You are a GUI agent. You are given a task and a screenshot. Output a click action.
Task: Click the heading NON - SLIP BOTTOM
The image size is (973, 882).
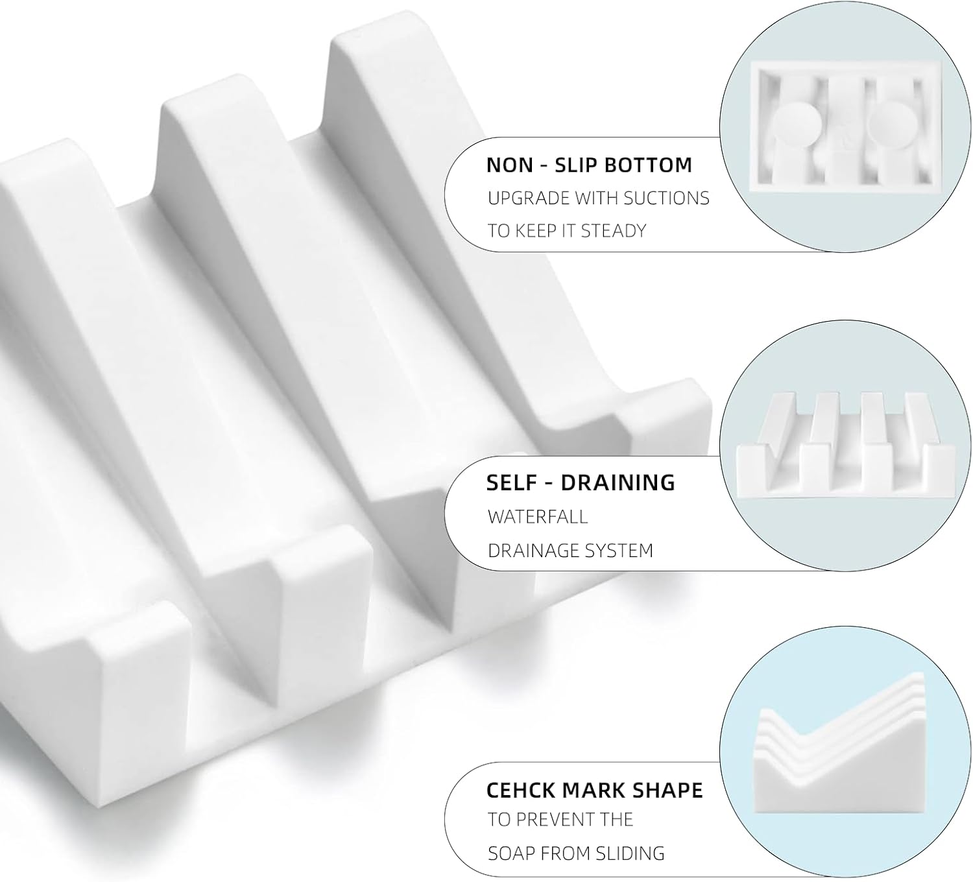pyautogui.click(x=589, y=165)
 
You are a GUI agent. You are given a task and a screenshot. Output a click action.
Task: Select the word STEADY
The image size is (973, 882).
pyautogui.click(x=614, y=231)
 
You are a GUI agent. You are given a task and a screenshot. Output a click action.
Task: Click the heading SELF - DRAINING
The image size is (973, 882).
pyautogui.click(x=581, y=483)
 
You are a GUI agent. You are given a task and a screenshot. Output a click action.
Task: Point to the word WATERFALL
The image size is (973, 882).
pyautogui.click(x=538, y=517)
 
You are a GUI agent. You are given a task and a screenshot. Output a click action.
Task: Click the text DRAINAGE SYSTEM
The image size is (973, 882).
pyautogui.click(x=570, y=551)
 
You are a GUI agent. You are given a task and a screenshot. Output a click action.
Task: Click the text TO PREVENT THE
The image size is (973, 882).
pyautogui.click(x=560, y=820)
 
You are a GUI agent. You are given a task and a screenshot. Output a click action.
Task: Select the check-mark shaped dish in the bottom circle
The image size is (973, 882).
pyautogui.click(x=843, y=765)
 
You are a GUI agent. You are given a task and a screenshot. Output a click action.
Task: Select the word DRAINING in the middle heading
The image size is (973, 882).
pyautogui.click(x=618, y=483)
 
